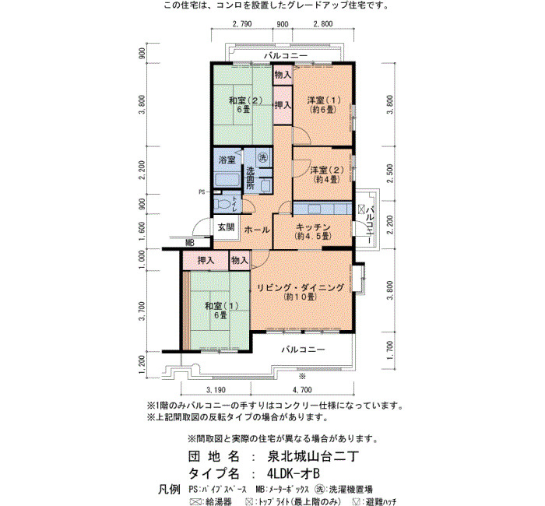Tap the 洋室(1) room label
[324, 100]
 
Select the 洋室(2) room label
[327, 170]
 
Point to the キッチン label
[313, 227]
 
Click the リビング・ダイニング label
[301, 288]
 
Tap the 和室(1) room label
[221, 306]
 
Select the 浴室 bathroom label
[227, 160]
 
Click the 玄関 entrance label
[227, 227]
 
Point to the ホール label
[257, 230]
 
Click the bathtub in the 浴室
[227, 180]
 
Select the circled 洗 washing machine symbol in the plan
[262, 157]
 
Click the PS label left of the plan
[202, 192]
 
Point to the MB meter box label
[189, 243]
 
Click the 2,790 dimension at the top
[242, 24]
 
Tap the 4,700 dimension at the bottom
[302, 390]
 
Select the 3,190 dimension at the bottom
[216, 390]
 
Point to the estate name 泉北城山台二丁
[312, 456]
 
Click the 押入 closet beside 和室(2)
[283, 105]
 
